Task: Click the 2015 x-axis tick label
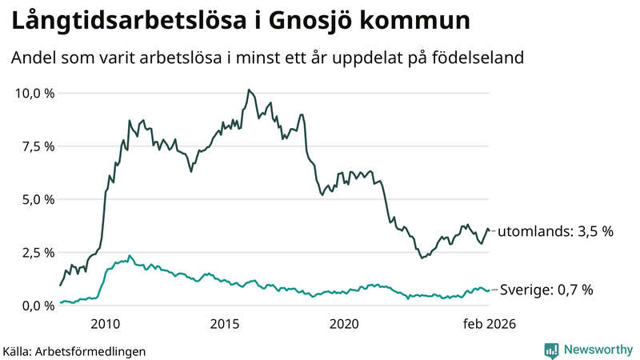point(225,324)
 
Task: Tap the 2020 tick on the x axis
point(344,324)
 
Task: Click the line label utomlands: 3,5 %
point(555,231)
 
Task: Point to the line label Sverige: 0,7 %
point(546,290)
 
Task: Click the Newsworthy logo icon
point(551,350)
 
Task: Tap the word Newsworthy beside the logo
point(596,350)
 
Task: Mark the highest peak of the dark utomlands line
point(249,90)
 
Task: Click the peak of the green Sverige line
point(130,256)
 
